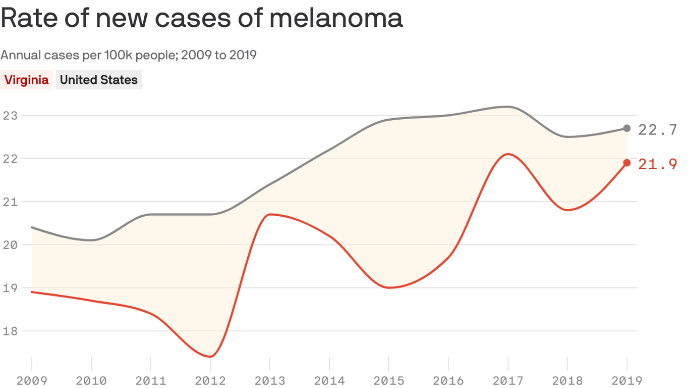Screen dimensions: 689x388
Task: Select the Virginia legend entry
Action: pyautogui.click(x=27, y=80)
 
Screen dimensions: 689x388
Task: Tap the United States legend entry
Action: pyautogui.click(x=99, y=80)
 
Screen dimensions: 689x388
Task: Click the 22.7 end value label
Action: pyautogui.click(x=657, y=130)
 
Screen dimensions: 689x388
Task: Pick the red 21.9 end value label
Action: pyautogui.click(x=657, y=164)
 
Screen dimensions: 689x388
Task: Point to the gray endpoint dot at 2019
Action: pyautogui.click(x=626, y=128)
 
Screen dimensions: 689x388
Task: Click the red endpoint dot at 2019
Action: pyautogui.click(x=626, y=163)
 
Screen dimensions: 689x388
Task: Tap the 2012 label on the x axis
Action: pyautogui.click(x=210, y=380)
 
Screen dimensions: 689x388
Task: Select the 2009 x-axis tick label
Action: pyautogui.click(x=31, y=380)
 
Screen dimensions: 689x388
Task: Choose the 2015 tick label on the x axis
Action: pyautogui.click(x=389, y=380)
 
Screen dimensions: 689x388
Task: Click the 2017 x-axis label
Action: pyautogui.click(x=508, y=380)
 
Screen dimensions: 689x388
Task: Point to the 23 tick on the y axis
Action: pyautogui.click(x=10, y=115)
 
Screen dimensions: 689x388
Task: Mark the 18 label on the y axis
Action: pyautogui.click(x=10, y=331)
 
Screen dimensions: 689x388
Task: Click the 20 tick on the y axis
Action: pyautogui.click(x=10, y=245)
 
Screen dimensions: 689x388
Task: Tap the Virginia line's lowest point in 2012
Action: pyautogui.click(x=210, y=357)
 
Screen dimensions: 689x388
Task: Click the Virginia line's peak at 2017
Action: pyautogui.click(x=508, y=154)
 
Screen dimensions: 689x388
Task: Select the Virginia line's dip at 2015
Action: pyautogui.click(x=389, y=287)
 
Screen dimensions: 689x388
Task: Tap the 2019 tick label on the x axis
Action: pyautogui.click(x=626, y=380)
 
